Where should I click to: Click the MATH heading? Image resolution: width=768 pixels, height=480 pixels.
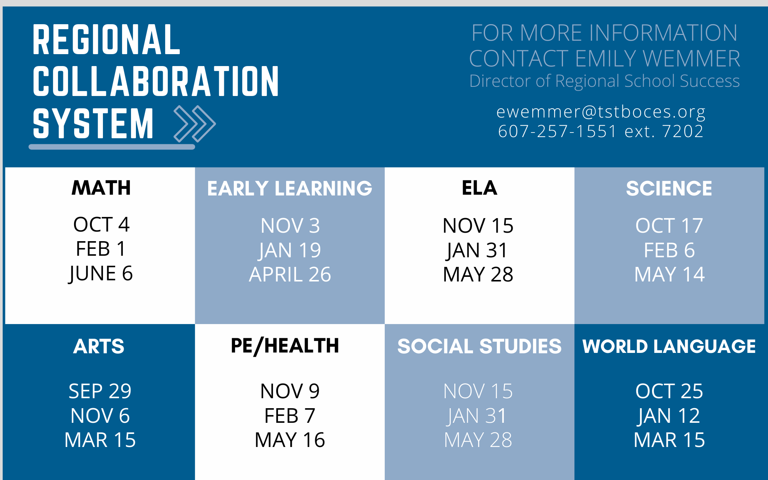tap(101, 188)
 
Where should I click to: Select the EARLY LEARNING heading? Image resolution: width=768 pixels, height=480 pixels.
tap(290, 189)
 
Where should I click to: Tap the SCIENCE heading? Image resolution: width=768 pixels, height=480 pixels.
tap(669, 189)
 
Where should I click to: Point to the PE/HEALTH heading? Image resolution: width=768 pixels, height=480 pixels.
tap(285, 346)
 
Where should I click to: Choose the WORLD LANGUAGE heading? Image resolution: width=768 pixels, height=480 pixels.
tap(669, 346)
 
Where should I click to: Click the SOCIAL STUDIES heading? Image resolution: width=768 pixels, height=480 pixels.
tap(479, 346)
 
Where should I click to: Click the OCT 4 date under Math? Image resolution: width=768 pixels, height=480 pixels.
tap(101, 225)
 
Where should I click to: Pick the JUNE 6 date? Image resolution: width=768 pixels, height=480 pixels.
tap(101, 274)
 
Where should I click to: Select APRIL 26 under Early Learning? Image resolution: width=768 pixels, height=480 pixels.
tap(290, 275)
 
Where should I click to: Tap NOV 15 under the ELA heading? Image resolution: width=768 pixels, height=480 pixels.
tap(478, 226)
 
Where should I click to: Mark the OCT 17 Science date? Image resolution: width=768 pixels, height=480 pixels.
tap(669, 226)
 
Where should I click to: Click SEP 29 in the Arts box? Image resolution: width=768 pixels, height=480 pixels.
tap(100, 391)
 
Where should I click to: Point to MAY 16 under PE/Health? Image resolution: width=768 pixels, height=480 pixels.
tap(290, 440)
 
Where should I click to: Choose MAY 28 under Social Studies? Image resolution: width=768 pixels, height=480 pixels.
tap(478, 440)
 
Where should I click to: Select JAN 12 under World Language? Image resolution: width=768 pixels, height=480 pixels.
tap(669, 416)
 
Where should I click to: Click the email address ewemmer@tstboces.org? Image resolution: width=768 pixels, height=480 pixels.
tap(601, 112)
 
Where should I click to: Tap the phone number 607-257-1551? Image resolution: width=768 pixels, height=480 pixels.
tap(557, 131)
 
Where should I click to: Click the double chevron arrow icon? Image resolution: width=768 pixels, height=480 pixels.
tap(195, 124)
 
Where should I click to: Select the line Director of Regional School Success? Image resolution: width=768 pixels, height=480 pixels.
tap(604, 81)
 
